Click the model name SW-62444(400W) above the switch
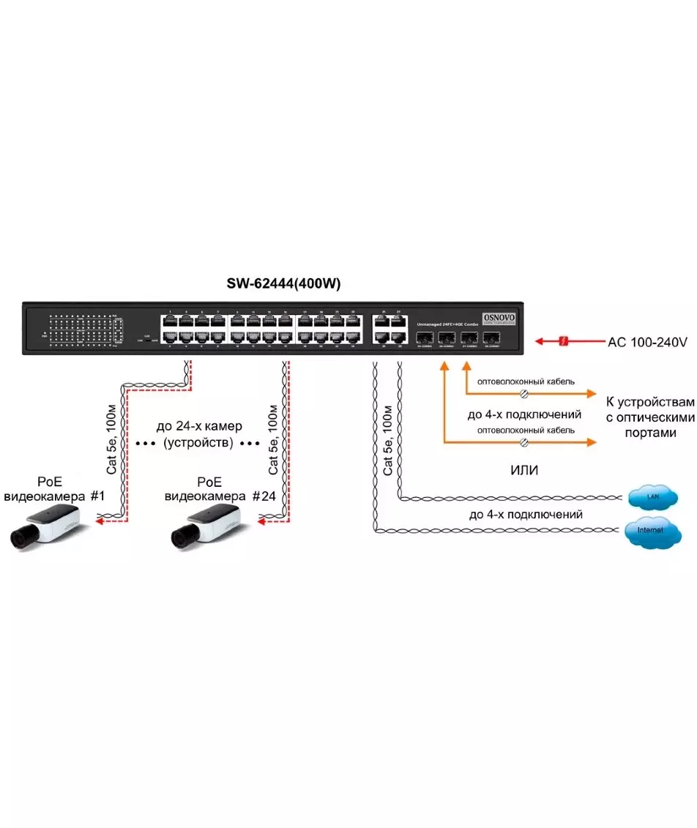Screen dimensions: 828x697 (x=284, y=284)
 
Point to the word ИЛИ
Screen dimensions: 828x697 (x=524, y=470)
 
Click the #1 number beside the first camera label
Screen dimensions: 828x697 (x=98, y=496)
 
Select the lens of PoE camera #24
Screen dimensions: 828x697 (x=182, y=537)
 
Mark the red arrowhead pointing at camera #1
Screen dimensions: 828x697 (x=100, y=523)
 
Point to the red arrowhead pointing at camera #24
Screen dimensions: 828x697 (x=260, y=523)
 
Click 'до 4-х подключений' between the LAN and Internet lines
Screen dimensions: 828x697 (x=526, y=515)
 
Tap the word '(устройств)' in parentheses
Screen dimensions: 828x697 (x=198, y=443)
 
